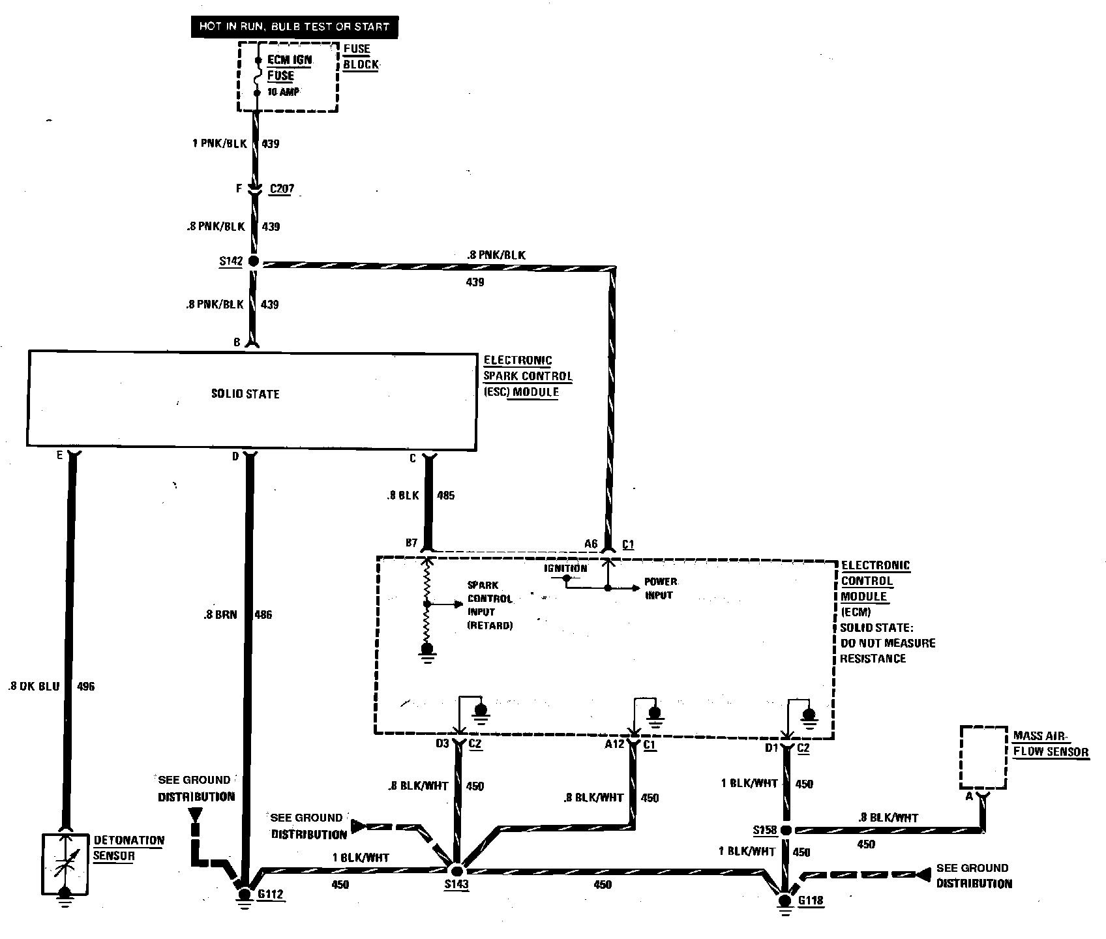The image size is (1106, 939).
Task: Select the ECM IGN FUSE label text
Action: tap(290, 68)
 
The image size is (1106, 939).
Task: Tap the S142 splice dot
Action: tap(253, 262)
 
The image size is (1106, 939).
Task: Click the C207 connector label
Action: tap(282, 189)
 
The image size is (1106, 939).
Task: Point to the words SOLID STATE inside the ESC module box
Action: tap(245, 394)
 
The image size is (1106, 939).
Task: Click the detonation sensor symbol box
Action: tap(64, 862)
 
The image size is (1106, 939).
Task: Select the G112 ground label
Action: tap(270, 895)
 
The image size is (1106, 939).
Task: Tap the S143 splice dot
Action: tap(456, 870)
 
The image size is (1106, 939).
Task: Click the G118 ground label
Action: tap(811, 901)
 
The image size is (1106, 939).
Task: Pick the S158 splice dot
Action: tap(786, 830)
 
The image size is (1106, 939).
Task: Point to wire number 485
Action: tap(445, 496)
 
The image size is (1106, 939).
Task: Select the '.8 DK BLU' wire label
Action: tap(34, 686)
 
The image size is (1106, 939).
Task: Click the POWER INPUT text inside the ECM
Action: tap(660, 588)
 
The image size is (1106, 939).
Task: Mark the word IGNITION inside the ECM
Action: tap(565, 569)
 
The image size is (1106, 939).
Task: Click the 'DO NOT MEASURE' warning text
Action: tap(887, 643)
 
